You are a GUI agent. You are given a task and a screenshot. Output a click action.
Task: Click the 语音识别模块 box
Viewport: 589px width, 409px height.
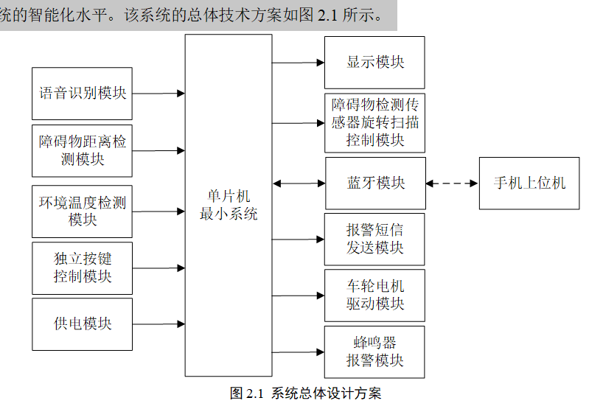pyautogui.click(x=83, y=94)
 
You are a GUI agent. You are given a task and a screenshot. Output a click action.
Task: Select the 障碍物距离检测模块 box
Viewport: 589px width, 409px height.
pyautogui.click(x=83, y=150)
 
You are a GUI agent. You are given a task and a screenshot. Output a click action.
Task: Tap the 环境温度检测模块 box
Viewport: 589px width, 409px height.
pyautogui.click(x=83, y=211)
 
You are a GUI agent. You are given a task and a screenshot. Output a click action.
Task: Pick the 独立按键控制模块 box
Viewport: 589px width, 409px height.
pyautogui.click(x=83, y=268)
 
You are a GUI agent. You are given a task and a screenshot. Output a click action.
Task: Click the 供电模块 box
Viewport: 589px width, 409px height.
pyautogui.click(x=83, y=324)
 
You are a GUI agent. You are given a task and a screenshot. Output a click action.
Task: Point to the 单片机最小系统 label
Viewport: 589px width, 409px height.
pyautogui.click(x=229, y=206)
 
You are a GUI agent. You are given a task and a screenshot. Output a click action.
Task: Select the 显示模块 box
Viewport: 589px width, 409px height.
pyautogui.click(x=375, y=62)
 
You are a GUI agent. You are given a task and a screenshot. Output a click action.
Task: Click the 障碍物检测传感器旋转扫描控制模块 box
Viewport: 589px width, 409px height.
pyautogui.click(x=375, y=122)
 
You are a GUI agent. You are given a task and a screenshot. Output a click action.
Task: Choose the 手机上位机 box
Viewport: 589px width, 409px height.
pyautogui.click(x=529, y=183)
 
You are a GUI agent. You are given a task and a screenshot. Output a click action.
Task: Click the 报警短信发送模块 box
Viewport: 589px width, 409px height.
pyautogui.click(x=375, y=239)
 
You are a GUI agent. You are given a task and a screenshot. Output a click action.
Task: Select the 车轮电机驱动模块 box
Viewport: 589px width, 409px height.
pyautogui.click(x=375, y=295)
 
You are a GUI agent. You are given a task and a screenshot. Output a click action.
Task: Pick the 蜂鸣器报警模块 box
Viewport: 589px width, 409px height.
pyautogui.click(x=375, y=352)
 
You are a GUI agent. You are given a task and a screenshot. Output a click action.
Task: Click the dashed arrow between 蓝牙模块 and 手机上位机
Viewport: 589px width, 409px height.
pyautogui.click(x=452, y=183)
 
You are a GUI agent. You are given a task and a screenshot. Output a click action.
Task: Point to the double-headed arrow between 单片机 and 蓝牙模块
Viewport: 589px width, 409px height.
pyautogui.click(x=299, y=183)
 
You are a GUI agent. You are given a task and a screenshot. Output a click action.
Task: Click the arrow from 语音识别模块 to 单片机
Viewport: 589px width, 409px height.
pyautogui.click(x=158, y=94)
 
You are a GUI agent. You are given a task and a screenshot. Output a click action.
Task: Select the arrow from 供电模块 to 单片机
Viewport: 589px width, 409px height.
pyautogui.click(x=158, y=324)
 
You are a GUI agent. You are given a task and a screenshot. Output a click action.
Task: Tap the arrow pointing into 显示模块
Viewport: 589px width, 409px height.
pyautogui.click(x=299, y=63)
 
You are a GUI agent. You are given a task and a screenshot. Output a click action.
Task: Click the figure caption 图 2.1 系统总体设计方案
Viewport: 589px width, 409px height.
pyautogui.click(x=306, y=394)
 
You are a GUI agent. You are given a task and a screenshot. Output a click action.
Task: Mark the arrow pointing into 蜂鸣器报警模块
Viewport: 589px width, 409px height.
pyautogui.click(x=299, y=352)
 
